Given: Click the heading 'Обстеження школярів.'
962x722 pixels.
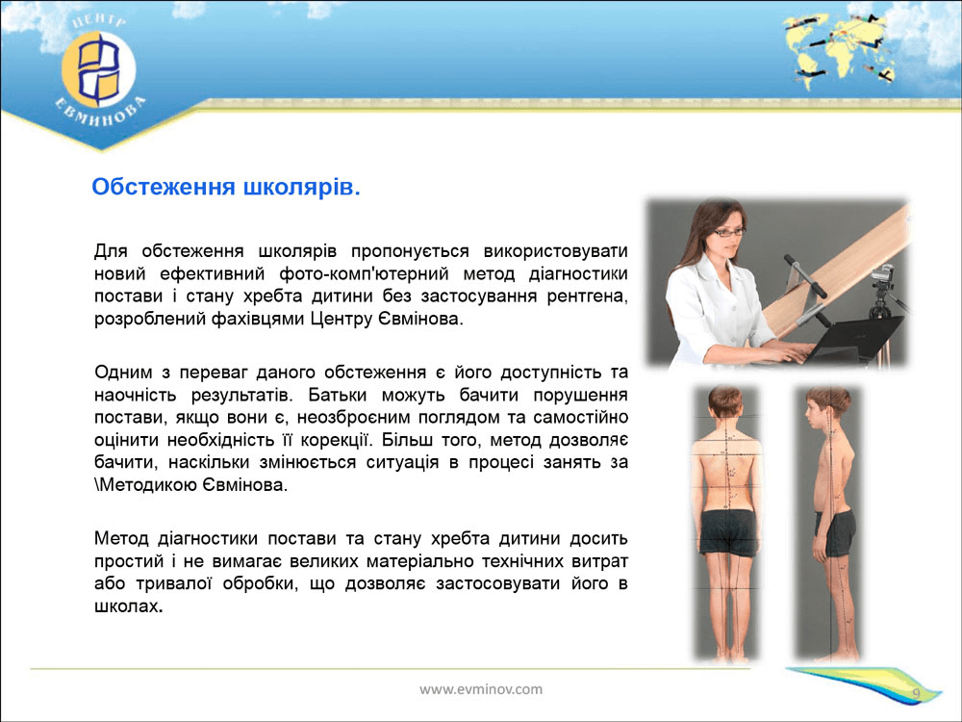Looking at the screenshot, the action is coord(226,187).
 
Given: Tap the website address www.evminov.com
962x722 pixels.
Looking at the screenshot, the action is coord(481,689).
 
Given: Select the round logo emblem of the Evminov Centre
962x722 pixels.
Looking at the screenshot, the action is coord(98,69).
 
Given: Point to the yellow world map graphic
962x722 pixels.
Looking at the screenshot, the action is coord(838,49).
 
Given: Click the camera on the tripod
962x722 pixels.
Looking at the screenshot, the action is coord(883,275).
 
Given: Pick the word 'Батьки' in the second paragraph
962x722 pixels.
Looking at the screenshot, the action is coord(336,395).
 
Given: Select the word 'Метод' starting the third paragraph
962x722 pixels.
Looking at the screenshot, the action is coord(121,539).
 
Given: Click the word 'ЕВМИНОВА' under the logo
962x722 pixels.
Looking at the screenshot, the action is coord(101,115).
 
